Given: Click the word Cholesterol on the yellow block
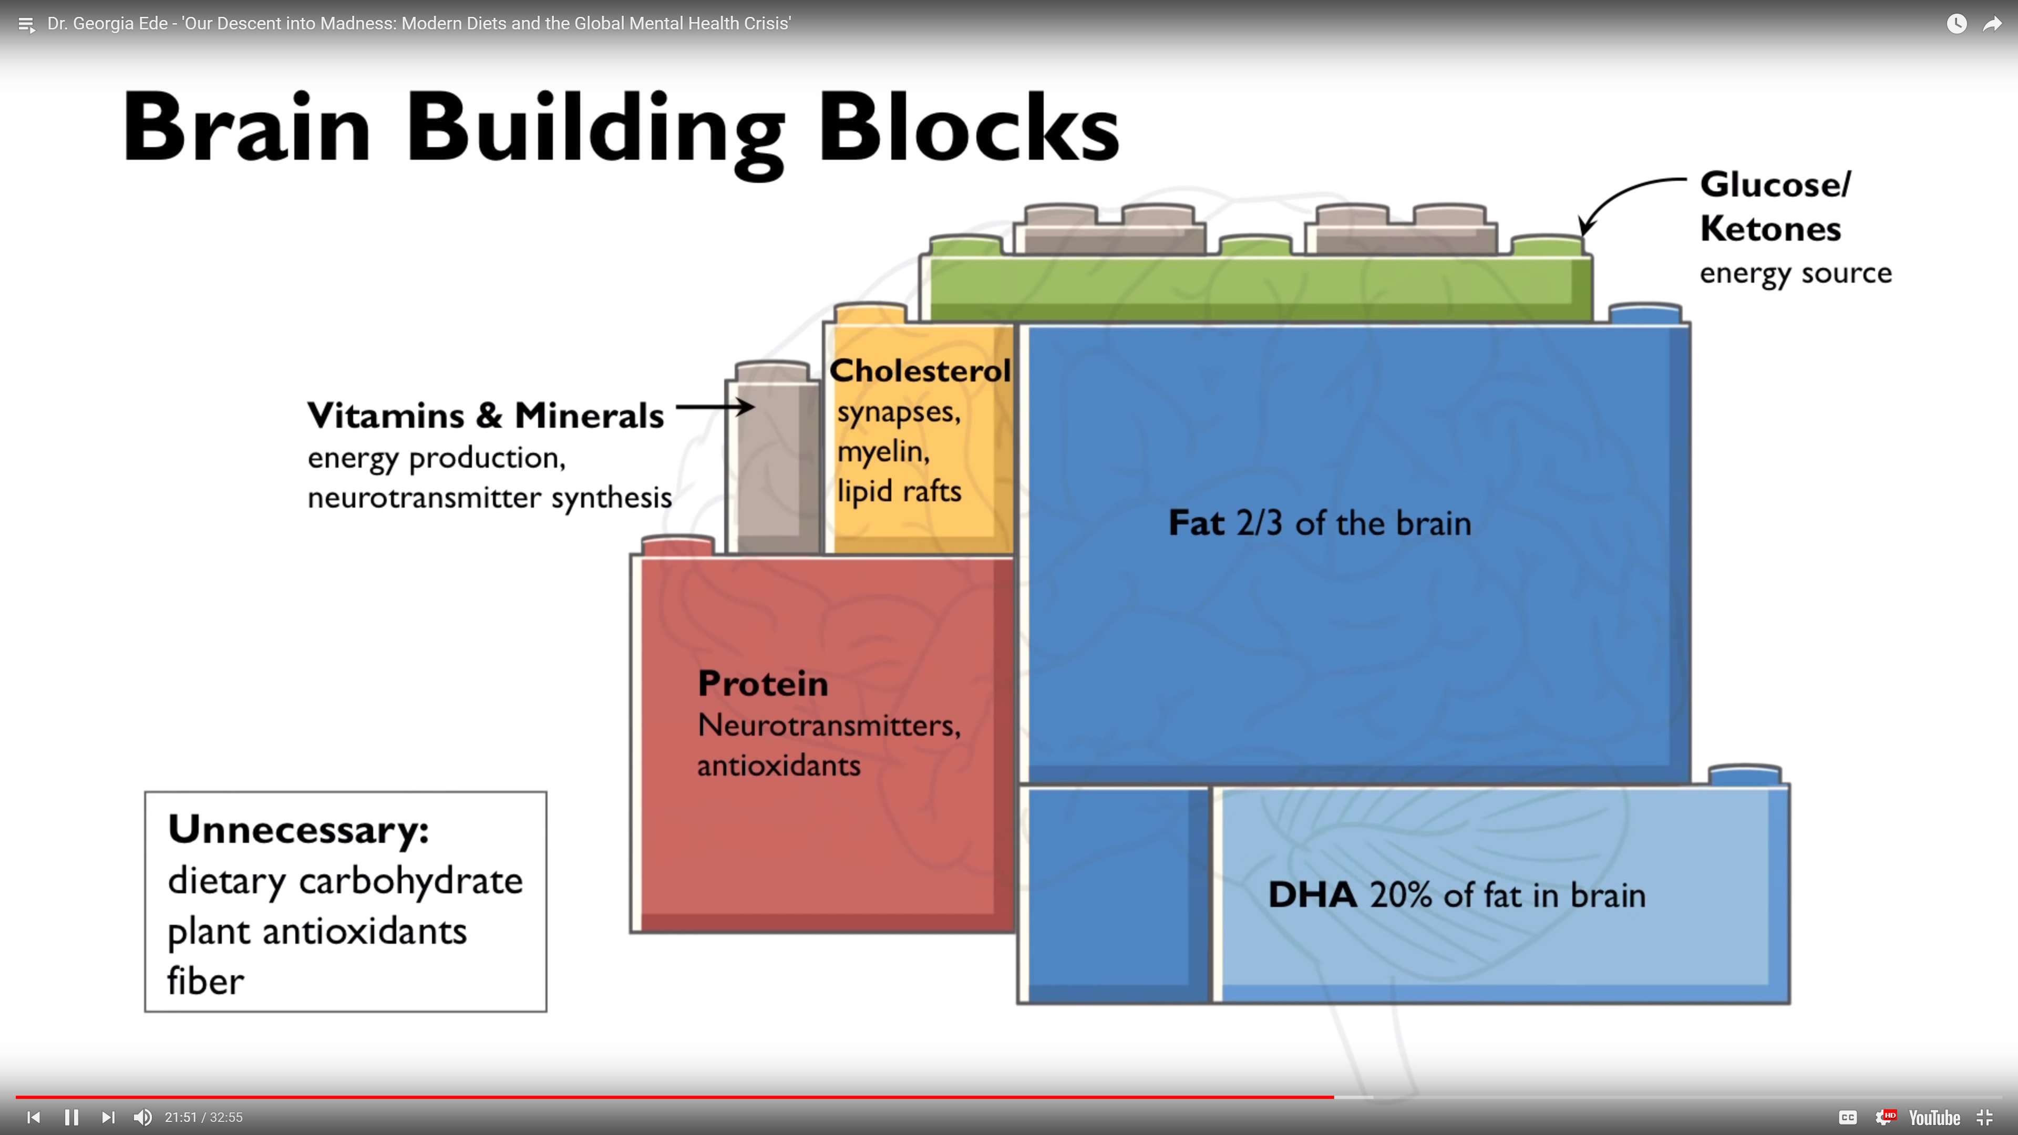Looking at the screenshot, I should tap(920, 370).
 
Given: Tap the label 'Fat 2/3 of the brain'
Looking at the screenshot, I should tap(1319, 523).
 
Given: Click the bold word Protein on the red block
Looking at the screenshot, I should tap(762, 684).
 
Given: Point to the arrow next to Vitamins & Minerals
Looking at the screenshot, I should tap(715, 407).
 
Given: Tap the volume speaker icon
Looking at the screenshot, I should tap(142, 1117).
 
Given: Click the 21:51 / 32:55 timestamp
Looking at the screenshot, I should tap(204, 1117).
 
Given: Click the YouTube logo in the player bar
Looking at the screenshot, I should tap(1933, 1118).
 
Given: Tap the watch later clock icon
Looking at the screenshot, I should tap(1956, 24).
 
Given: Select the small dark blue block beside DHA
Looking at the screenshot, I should tap(1114, 893).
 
